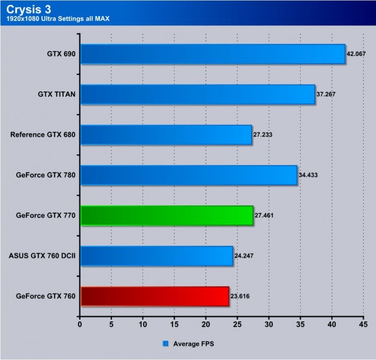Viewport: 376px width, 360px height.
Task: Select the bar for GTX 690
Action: (x=212, y=54)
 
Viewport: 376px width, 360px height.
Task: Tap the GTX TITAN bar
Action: (x=197, y=95)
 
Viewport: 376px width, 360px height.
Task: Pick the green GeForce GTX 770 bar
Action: (x=167, y=215)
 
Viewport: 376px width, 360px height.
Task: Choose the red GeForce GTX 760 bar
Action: (x=155, y=296)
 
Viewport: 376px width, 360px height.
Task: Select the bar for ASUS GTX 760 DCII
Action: (x=156, y=256)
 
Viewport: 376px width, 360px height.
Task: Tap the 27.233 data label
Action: (x=263, y=134)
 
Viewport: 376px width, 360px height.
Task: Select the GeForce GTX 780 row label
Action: (x=46, y=175)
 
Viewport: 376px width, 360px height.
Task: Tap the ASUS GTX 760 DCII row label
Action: (x=42, y=255)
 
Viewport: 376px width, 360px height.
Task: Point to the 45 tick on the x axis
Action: (x=363, y=325)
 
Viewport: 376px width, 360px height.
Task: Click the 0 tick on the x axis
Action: (x=80, y=325)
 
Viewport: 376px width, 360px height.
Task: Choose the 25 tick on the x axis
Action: (x=237, y=325)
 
